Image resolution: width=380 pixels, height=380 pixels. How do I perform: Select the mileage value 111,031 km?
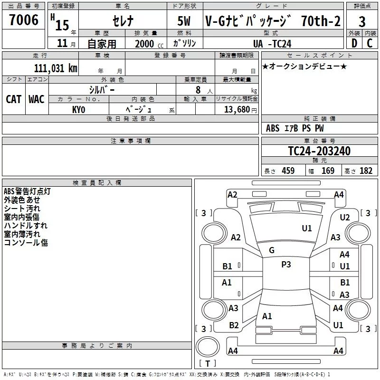56,68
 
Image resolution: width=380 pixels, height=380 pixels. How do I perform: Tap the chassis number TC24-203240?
319,151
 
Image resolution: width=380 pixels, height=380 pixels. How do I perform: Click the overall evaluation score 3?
362,22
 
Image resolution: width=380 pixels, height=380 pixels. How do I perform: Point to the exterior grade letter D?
354,43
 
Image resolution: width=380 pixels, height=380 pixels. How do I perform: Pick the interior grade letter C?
370,43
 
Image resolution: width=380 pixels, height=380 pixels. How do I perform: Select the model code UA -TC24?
272,43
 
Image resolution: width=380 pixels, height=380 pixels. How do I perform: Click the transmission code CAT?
13,99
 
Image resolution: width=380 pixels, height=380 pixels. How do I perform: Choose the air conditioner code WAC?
37,99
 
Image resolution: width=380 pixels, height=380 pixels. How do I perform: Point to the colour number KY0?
78,109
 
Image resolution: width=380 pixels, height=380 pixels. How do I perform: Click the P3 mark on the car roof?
286,265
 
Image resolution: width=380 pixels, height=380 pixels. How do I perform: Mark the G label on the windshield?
272,250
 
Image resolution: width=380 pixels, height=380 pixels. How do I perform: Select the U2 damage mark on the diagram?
345,217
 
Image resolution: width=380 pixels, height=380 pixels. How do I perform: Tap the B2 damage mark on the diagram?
234,325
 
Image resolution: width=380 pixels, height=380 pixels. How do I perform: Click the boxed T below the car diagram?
207,364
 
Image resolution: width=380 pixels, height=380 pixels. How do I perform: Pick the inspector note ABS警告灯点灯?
27,191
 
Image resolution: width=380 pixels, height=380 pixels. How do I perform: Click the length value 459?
288,171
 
